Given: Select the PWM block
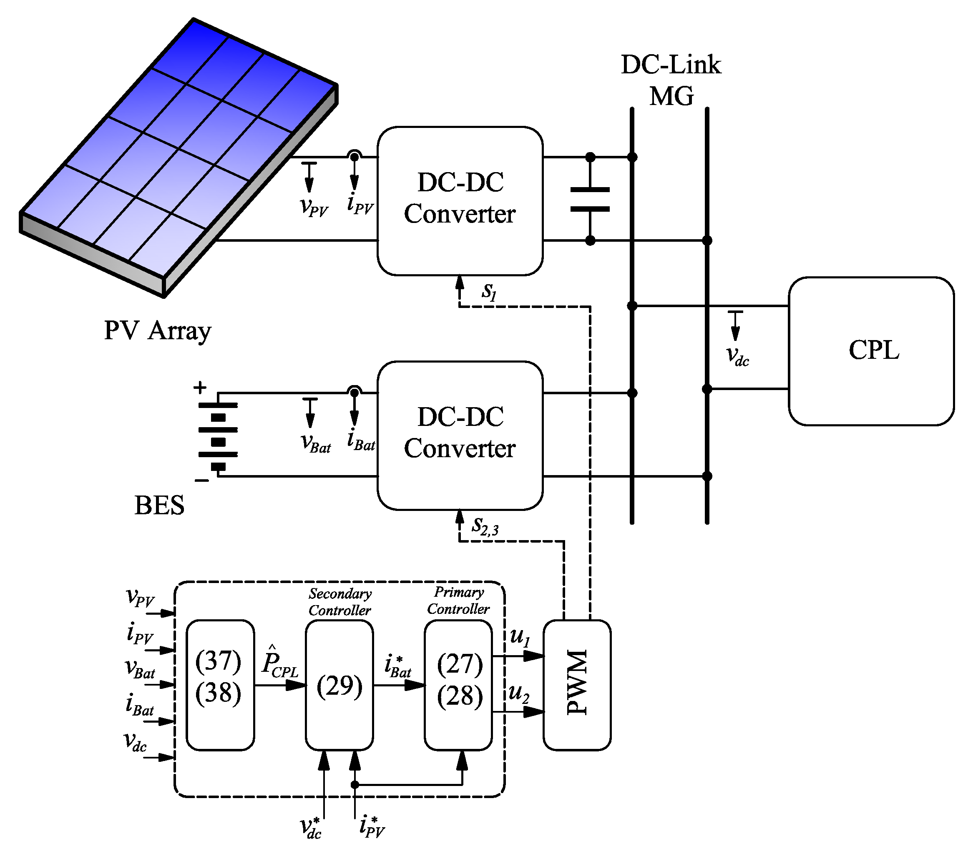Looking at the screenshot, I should pyautogui.click(x=576, y=685).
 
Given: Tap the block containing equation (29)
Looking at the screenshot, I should pyautogui.click(x=339, y=685).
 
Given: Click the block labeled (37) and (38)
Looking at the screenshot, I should pyautogui.click(x=220, y=685).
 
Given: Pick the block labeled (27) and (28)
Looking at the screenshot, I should pyautogui.click(x=458, y=685).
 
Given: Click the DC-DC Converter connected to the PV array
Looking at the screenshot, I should pyautogui.click(x=459, y=201).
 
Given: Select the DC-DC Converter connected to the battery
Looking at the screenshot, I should pyautogui.click(x=459, y=435).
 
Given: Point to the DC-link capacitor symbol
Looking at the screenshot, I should pyautogui.click(x=590, y=199).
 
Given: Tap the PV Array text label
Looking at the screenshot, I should pyautogui.click(x=157, y=330).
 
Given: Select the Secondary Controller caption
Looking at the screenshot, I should pyautogui.click(x=339, y=601).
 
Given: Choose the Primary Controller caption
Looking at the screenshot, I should pyautogui.click(x=458, y=600).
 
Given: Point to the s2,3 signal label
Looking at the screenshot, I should pyautogui.click(x=485, y=526).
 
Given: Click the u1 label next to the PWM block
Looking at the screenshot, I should pyautogui.click(x=520, y=637).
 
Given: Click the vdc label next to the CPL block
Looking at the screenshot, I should pyautogui.click(x=737, y=356).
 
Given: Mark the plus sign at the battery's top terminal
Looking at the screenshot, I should pyautogui.click(x=200, y=388).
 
